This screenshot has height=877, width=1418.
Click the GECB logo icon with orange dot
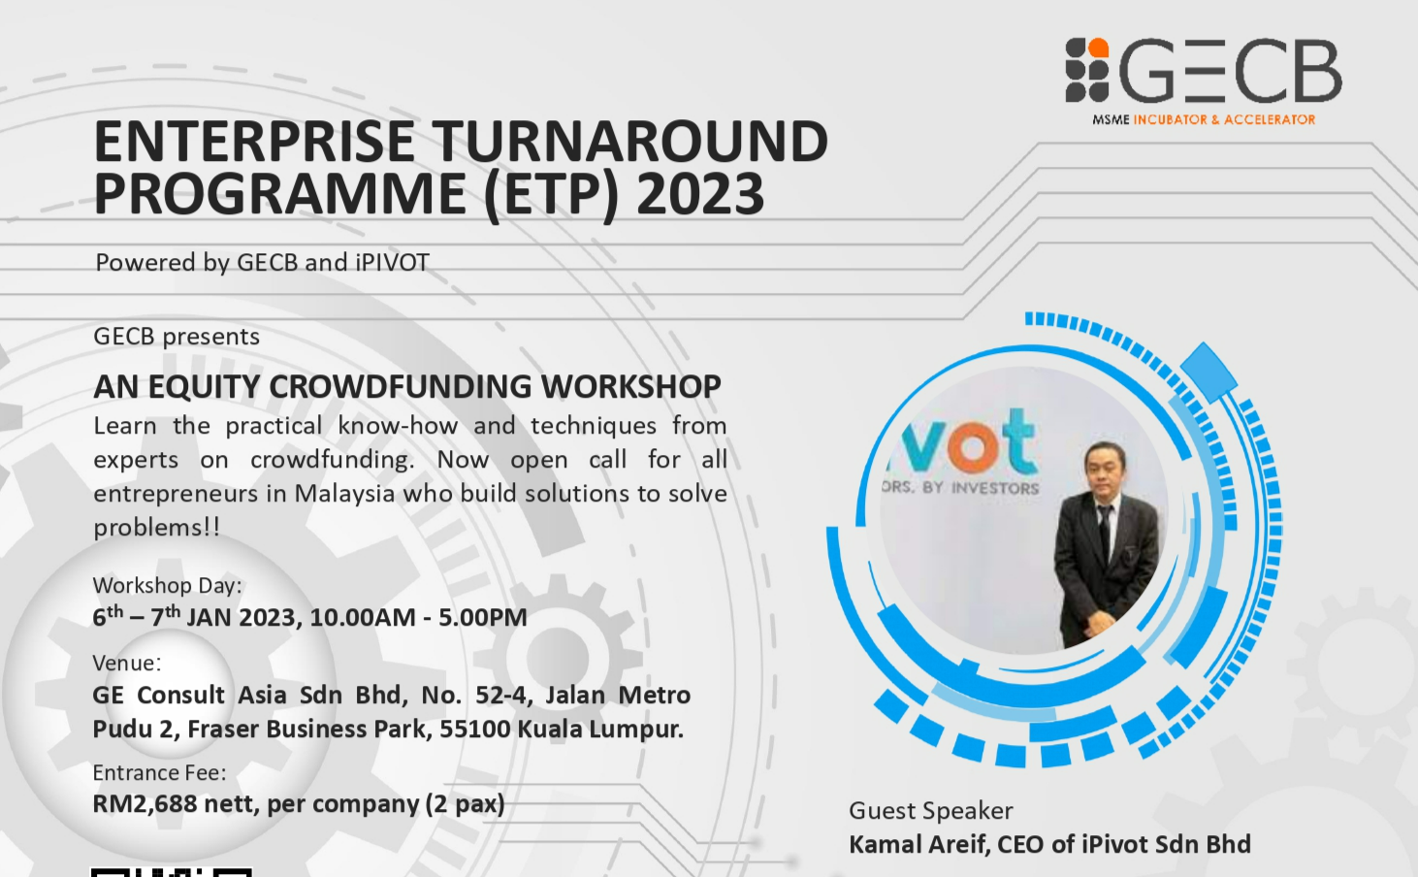1087,70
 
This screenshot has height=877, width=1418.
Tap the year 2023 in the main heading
700,194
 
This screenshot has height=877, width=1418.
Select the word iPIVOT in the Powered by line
392,262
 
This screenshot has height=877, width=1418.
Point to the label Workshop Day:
167,585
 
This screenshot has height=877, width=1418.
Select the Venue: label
127,663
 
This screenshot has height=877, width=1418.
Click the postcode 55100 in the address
475,729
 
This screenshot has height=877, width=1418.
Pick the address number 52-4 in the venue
500,696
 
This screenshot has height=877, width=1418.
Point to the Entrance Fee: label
159,772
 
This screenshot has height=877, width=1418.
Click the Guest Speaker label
930,810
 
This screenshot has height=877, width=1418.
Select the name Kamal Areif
918,845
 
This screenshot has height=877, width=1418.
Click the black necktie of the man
1105,532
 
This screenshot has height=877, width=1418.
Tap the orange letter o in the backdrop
974,445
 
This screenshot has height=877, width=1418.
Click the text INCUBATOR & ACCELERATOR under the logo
1224,119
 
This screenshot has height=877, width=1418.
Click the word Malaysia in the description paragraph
345,493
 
